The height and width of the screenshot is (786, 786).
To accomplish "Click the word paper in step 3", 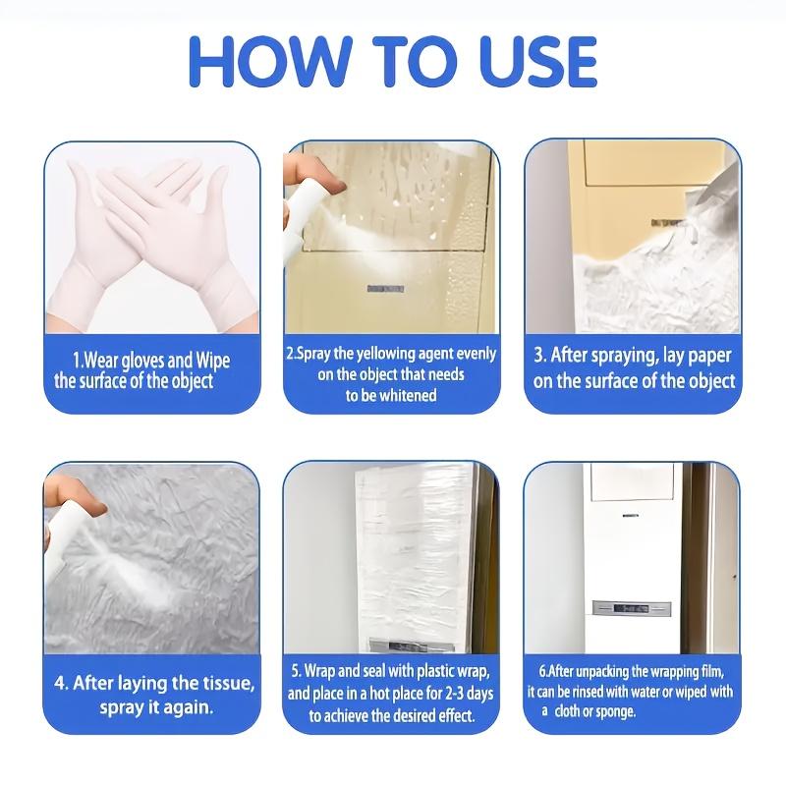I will [x=702, y=355].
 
